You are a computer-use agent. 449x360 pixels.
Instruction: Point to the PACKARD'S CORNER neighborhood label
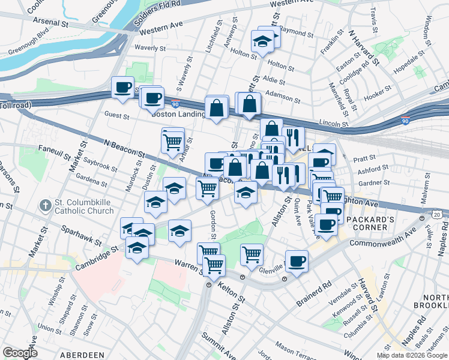[370, 220]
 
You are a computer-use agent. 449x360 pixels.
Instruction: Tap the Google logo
[20, 353]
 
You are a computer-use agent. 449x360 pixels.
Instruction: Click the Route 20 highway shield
[440, 214]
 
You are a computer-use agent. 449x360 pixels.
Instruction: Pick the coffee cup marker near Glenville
[296, 261]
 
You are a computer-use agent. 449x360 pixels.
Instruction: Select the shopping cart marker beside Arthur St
[173, 142]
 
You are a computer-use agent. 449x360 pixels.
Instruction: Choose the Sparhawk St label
[82, 235]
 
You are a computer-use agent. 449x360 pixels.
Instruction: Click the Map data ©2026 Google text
[411, 355]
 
